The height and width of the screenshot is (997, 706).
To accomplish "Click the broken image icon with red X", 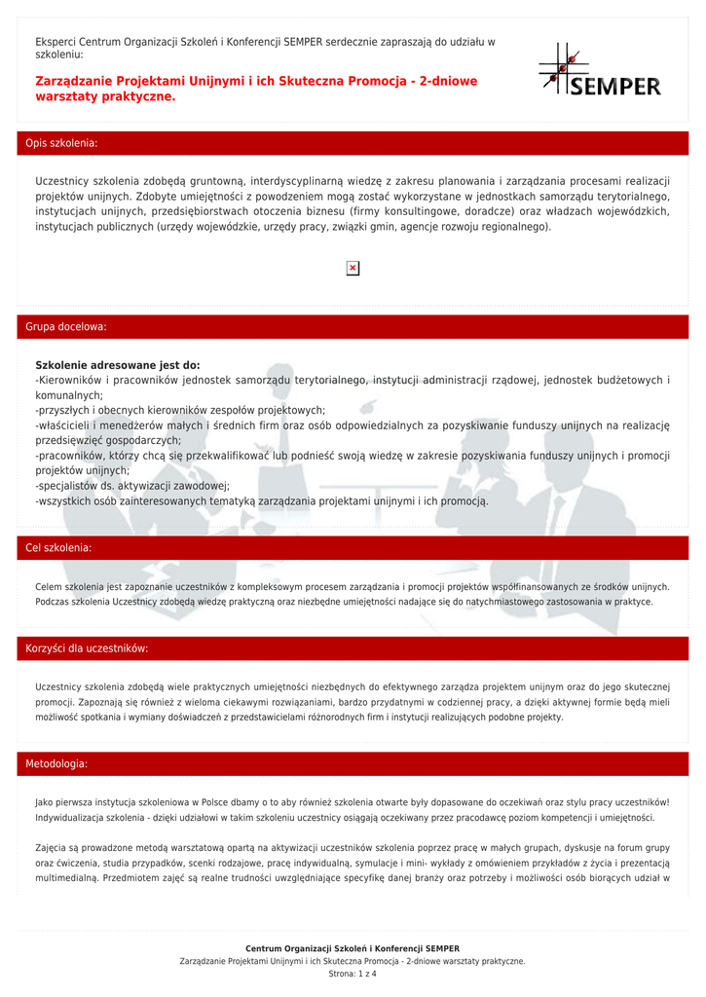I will pyautogui.click(x=353, y=268).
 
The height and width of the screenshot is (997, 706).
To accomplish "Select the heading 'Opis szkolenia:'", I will pyautogui.click(x=61, y=143).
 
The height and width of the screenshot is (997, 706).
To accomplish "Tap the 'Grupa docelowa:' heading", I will pyautogui.click(x=66, y=327).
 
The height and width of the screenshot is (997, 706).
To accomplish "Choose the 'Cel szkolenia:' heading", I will pyautogui.click(x=58, y=548).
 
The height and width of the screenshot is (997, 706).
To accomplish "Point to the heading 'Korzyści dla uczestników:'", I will pyautogui.click(x=87, y=648).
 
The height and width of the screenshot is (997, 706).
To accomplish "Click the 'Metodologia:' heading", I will pyautogui.click(x=56, y=764).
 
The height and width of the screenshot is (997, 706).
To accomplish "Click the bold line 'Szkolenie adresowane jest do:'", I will pyautogui.click(x=117, y=365).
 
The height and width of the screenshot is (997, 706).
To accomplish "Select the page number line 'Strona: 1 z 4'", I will pyautogui.click(x=353, y=974).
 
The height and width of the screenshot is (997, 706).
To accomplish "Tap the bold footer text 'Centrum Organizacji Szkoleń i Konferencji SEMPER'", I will pyautogui.click(x=353, y=948).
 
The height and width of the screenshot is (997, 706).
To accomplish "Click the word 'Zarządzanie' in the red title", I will pyautogui.click(x=73, y=81).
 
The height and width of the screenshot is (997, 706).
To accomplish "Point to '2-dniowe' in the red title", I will pyautogui.click(x=448, y=81).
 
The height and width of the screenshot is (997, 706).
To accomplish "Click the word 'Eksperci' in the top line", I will pyautogui.click(x=56, y=42).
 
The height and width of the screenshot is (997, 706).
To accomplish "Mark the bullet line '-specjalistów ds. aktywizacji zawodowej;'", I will pyautogui.click(x=132, y=485).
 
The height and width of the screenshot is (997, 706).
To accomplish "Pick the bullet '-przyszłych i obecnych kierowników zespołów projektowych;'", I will pyautogui.click(x=180, y=411).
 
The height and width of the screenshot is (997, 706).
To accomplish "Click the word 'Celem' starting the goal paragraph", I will pyautogui.click(x=48, y=587).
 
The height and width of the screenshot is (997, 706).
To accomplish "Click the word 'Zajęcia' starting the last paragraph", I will pyautogui.click(x=50, y=847).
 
